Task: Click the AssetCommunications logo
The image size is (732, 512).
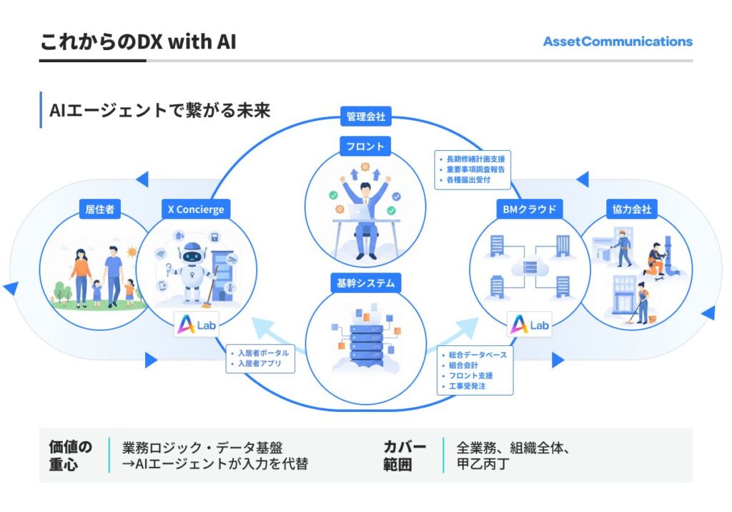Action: [x=618, y=41]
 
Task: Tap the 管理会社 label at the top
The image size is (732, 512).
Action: [x=365, y=117]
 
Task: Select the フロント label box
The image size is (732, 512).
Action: [x=365, y=147]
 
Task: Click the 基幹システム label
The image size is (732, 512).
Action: [x=365, y=282]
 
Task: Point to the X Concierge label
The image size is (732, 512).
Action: [x=195, y=210]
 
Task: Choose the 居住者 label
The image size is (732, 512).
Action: [x=99, y=210]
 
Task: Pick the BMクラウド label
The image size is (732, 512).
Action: [x=530, y=210]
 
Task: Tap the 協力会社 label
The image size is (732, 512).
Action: [x=631, y=210]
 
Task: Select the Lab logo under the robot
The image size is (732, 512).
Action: [x=195, y=325]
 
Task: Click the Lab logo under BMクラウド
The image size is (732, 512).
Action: [x=530, y=325]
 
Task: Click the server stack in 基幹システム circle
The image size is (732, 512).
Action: [x=365, y=342]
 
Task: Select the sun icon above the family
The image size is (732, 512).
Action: [x=131, y=252]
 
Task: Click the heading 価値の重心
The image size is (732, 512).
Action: [x=70, y=456]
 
